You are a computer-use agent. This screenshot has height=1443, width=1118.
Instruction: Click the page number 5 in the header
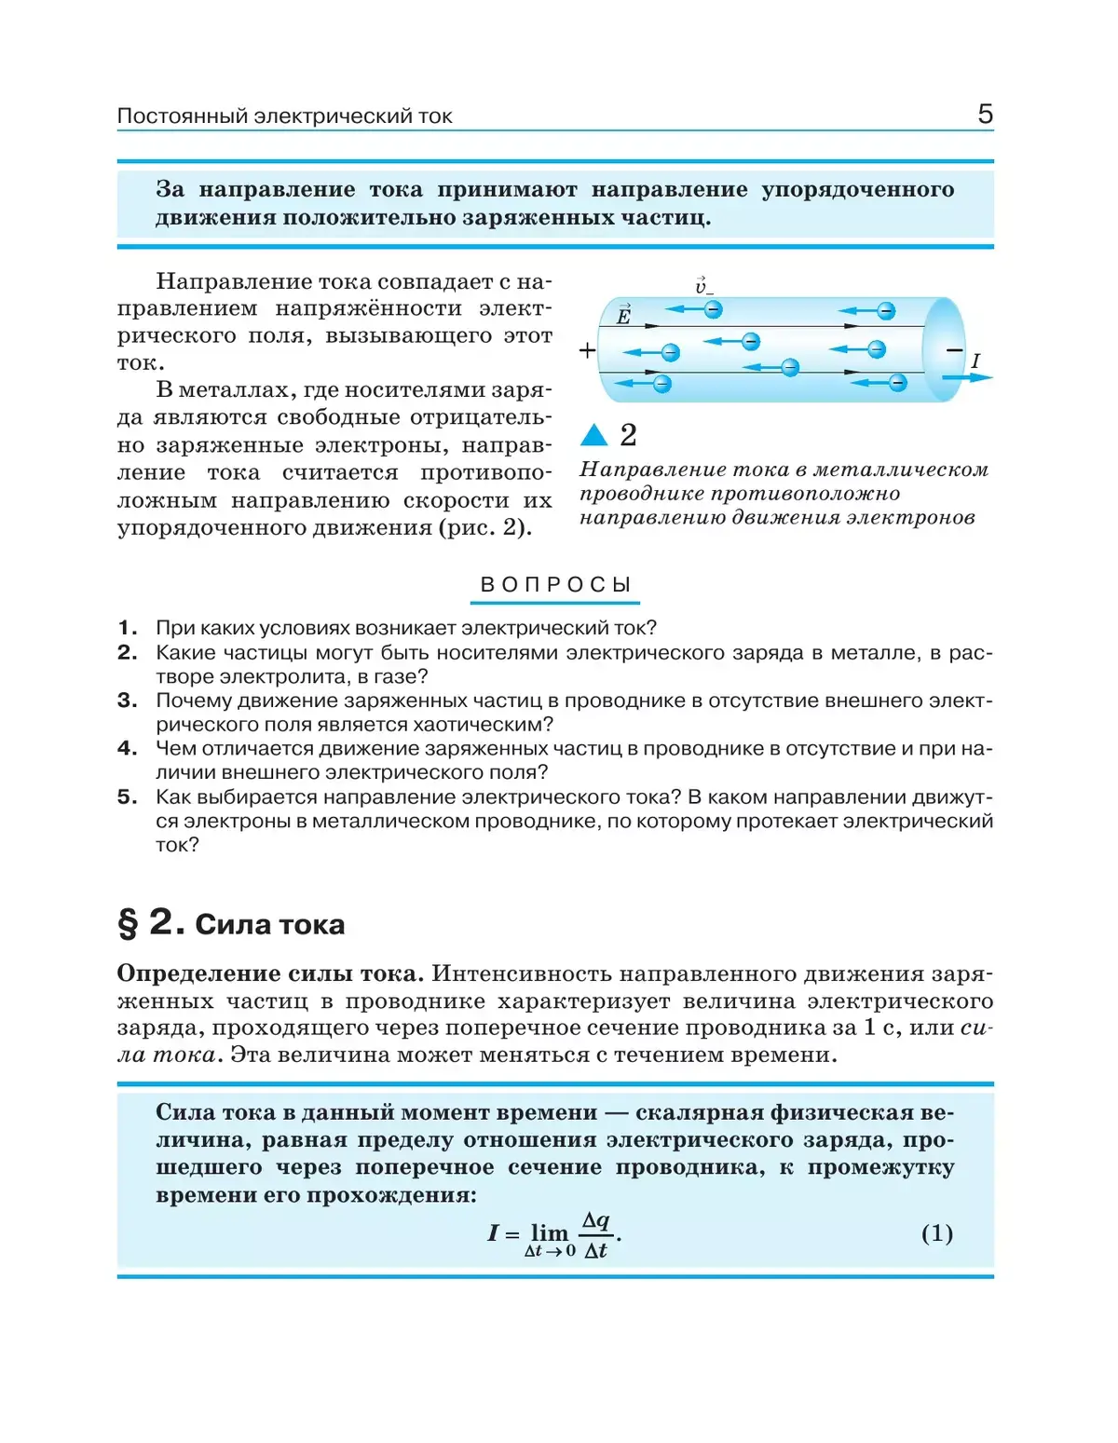coord(985,114)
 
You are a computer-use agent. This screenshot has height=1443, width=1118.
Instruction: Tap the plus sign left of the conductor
coord(587,350)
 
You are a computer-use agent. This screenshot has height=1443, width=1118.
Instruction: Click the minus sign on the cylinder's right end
coord(953,350)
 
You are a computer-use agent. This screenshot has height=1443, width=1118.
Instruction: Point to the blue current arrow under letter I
coord(968,378)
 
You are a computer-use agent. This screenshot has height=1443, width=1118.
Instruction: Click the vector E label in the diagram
coord(623,315)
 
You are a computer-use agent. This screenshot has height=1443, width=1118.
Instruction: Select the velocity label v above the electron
coord(703,285)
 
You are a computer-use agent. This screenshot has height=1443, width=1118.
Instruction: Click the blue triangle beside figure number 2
coord(593,435)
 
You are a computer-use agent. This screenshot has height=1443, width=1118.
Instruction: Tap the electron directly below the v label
coord(713,309)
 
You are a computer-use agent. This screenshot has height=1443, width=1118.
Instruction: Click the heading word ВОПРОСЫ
coord(555,585)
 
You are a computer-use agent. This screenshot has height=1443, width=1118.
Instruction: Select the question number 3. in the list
coord(128,701)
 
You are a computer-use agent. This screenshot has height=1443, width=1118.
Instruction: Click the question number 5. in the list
coord(128,797)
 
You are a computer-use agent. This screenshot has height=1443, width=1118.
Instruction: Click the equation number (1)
coord(936,1233)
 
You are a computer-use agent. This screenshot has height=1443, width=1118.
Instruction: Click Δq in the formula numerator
coord(595,1220)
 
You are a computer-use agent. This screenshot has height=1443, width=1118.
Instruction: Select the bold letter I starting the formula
coord(493,1233)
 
